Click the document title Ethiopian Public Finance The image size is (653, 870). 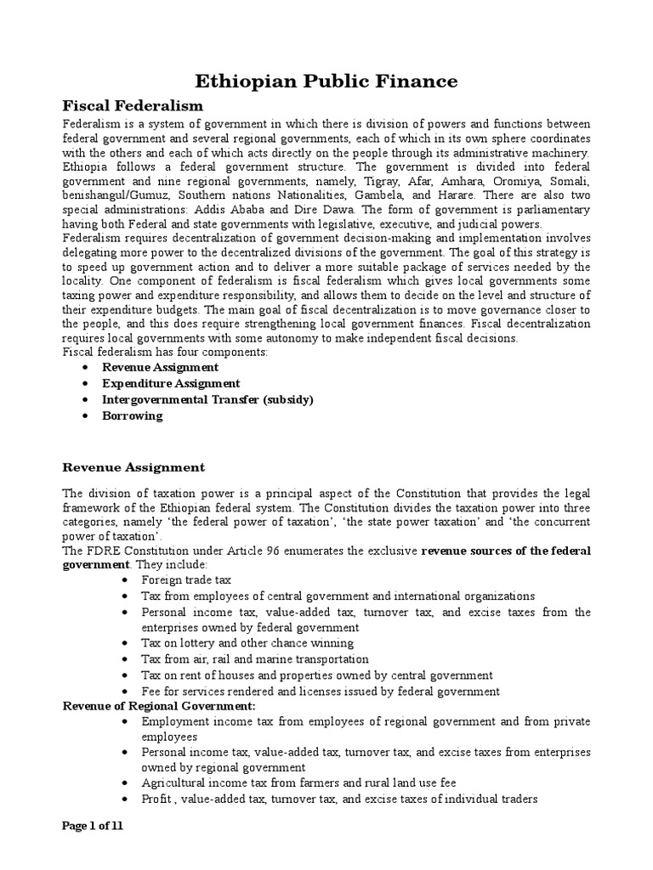326,81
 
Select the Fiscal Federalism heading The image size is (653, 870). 133,106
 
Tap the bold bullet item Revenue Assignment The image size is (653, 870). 160,367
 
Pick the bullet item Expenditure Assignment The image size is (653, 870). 171,383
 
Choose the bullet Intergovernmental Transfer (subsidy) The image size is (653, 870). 207,399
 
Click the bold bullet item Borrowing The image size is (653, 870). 132,416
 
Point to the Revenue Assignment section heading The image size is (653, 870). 133,467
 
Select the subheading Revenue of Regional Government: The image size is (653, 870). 159,706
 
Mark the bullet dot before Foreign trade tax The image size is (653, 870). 125,580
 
